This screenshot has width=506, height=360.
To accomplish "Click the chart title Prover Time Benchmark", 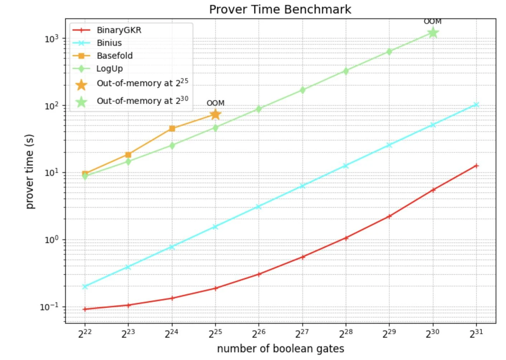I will coord(280,9).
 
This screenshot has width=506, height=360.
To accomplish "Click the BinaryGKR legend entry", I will coord(119,30).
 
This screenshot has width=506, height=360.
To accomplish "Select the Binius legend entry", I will coord(109,43).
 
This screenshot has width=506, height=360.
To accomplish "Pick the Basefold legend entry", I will coord(114,56).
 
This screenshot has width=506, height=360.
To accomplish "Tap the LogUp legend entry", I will coord(109,69).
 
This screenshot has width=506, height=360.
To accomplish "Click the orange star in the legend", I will coord(81,85).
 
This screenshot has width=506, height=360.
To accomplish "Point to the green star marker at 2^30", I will coord(433,33).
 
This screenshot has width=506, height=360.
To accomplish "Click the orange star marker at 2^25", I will coord(215,114).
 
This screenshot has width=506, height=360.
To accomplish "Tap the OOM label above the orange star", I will coord(215,103).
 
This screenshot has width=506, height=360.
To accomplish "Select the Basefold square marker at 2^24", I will coord(172,128).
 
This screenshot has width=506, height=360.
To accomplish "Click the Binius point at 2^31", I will coord(476,105).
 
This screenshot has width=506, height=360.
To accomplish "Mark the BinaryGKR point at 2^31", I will coord(476,166).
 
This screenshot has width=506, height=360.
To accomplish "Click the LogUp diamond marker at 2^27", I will coord(302,90).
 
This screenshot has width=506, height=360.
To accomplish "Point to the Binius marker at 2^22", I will coord(85,286).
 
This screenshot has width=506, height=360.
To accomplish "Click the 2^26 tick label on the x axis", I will coord(259,333).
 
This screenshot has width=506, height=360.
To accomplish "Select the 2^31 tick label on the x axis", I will coord(476,333).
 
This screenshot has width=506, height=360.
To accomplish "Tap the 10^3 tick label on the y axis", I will coord(51,38).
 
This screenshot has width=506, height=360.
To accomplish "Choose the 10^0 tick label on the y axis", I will coord(51,240).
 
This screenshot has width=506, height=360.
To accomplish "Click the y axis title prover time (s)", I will coord(29,171).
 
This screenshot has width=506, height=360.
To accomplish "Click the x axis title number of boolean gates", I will coord(280,349).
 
